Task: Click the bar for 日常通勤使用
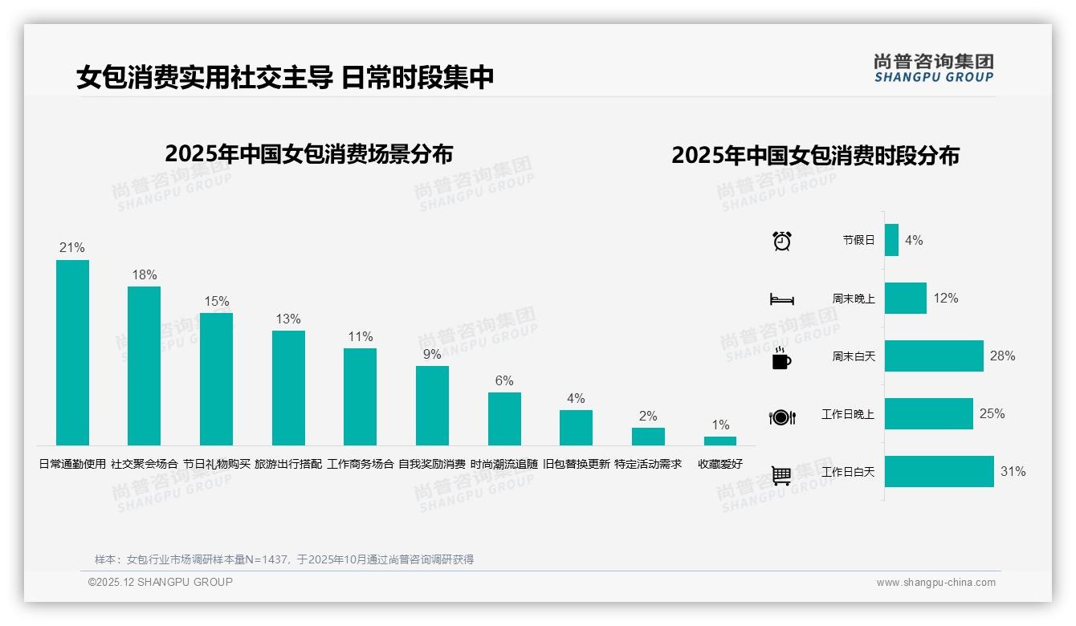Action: (x=72, y=352)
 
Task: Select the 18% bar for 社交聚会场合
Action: (x=144, y=366)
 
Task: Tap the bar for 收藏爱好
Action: (x=720, y=441)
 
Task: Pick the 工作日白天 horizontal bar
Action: (x=939, y=472)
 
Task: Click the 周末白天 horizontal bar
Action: (x=934, y=356)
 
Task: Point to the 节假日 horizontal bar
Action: (x=891, y=240)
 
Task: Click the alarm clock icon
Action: (x=781, y=241)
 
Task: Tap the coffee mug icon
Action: (x=781, y=358)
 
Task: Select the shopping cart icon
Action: (x=781, y=475)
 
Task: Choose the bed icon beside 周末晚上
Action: (x=781, y=299)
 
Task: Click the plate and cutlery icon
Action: (x=781, y=417)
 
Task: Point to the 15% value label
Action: (x=216, y=302)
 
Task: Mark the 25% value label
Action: (x=992, y=414)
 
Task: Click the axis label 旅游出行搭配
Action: (x=288, y=464)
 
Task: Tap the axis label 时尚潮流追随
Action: (x=504, y=464)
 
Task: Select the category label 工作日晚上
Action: (x=847, y=414)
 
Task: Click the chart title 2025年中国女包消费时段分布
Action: (x=815, y=156)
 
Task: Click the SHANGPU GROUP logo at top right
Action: (x=933, y=68)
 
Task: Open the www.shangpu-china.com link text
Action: (x=935, y=583)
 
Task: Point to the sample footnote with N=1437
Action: (x=284, y=559)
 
